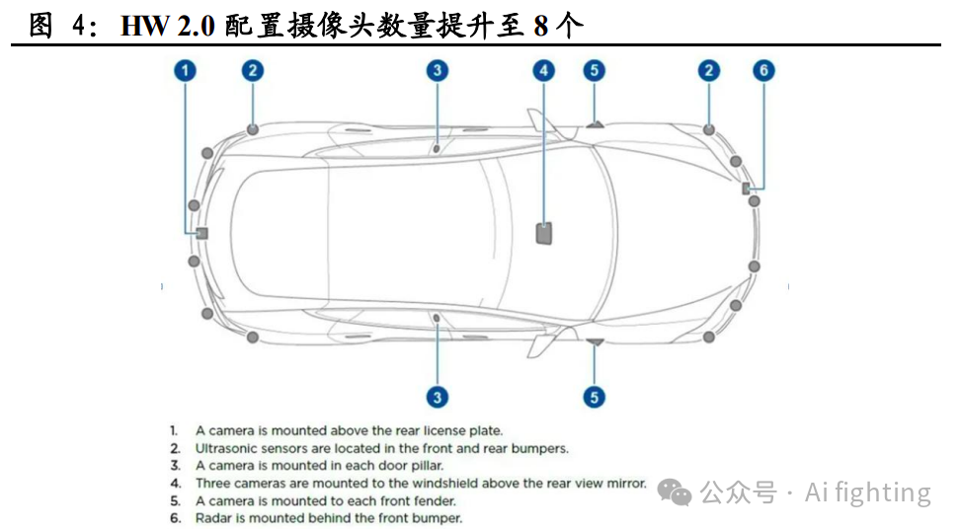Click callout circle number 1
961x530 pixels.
[187, 70]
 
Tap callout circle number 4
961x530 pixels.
[543, 70]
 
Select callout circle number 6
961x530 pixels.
[763, 70]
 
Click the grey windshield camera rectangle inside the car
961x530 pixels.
[544, 233]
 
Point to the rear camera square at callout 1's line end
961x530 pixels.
[201, 233]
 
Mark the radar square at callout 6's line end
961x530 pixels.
[747, 188]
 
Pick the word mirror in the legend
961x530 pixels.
[625, 484]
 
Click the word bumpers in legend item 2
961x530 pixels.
[539, 448]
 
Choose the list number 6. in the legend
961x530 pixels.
[174, 517]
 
